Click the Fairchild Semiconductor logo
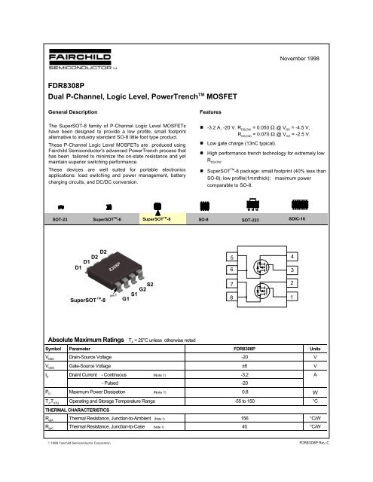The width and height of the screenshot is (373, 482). tap(69, 59)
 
